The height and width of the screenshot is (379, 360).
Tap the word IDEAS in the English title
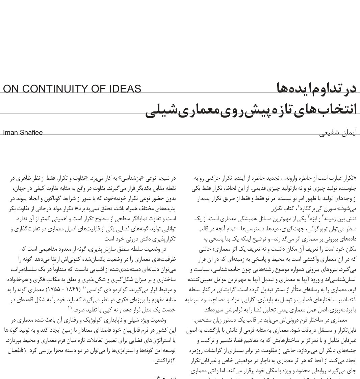(x=123, y=89)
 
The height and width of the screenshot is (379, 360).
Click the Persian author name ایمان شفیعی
(x=338, y=133)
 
